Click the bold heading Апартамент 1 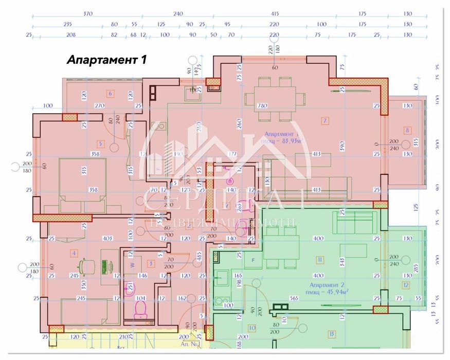[x=107, y=60]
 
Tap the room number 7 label [x=325, y=121]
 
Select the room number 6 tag [x=110, y=94]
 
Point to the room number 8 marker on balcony [x=407, y=131]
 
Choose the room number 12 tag [x=406, y=285]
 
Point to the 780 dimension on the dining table [x=263, y=105]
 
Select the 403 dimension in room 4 [x=107, y=239]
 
